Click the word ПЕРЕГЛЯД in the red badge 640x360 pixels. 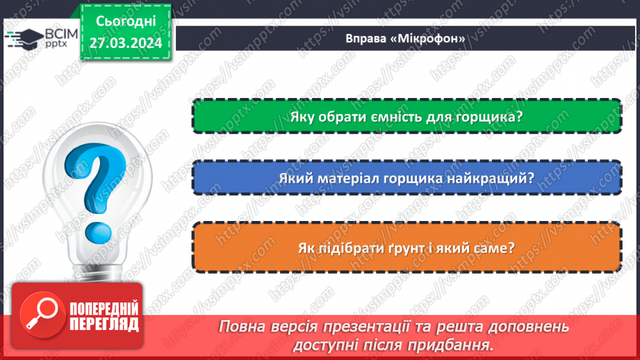104,323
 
